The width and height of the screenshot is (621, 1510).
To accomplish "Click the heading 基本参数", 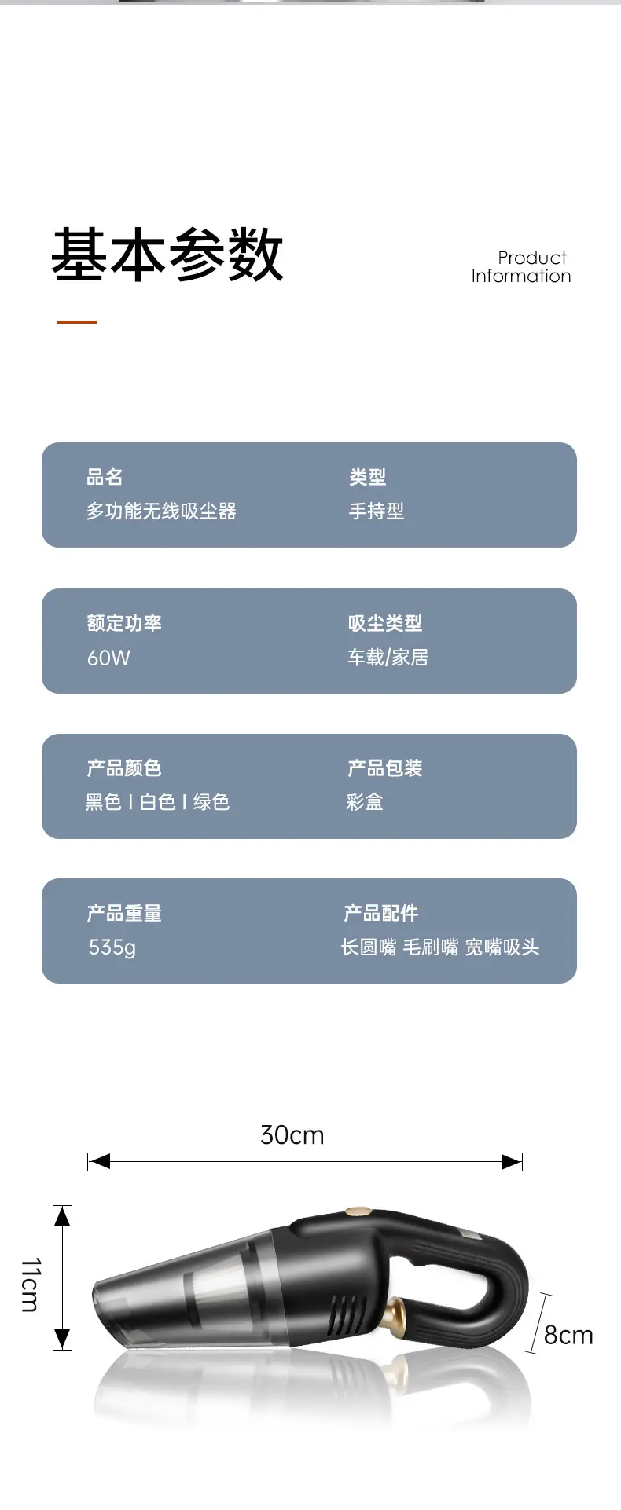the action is pyautogui.click(x=167, y=255).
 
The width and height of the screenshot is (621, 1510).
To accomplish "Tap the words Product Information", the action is pyautogui.click(x=521, y=267).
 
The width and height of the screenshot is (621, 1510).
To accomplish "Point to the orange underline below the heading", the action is pyautogui.click(x=77, y=322).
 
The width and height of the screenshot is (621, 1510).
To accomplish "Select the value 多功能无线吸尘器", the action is pyautogui.click(x=161, y=511).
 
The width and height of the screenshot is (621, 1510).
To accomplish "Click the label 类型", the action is pyautogui.click(x=367, y=477).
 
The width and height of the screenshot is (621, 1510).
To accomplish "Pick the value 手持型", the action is pyautogui.click(x=377, y=511).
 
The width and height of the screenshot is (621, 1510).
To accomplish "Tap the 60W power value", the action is pyautogui.click(x=108, y=658).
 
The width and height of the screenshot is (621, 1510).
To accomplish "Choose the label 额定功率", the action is pyautogui.click(x=124, y=623).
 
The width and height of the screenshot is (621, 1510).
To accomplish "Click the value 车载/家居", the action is pyautogui.click(x=388, y=657).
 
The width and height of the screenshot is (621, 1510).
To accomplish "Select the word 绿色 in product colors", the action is pyautogui.click(x=211, y=802).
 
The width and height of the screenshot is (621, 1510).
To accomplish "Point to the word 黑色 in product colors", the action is pyautogui.click(x=104, y=802).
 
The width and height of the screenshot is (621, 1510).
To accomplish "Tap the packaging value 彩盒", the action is pyautogui.click(x=365, y=802).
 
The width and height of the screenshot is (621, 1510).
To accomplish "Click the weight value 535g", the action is pyautogui.click(x=112, y=947).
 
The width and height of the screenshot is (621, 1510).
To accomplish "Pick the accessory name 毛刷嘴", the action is pyautogui.click(x=431, y=947).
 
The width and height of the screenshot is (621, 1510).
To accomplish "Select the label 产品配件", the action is pyautogui.click(x=381, y=913).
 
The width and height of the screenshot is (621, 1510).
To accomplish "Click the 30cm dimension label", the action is pyautogui.click(x=292, y=1135).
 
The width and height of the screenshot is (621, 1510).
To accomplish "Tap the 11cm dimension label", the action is pyautogui.click(x=30, y=1285).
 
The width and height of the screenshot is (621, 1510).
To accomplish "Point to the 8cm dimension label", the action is pyautogui.click(x=568, y=1335).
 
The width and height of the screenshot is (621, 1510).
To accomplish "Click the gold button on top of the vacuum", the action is pyautogui.click(x=358, y=1212).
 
